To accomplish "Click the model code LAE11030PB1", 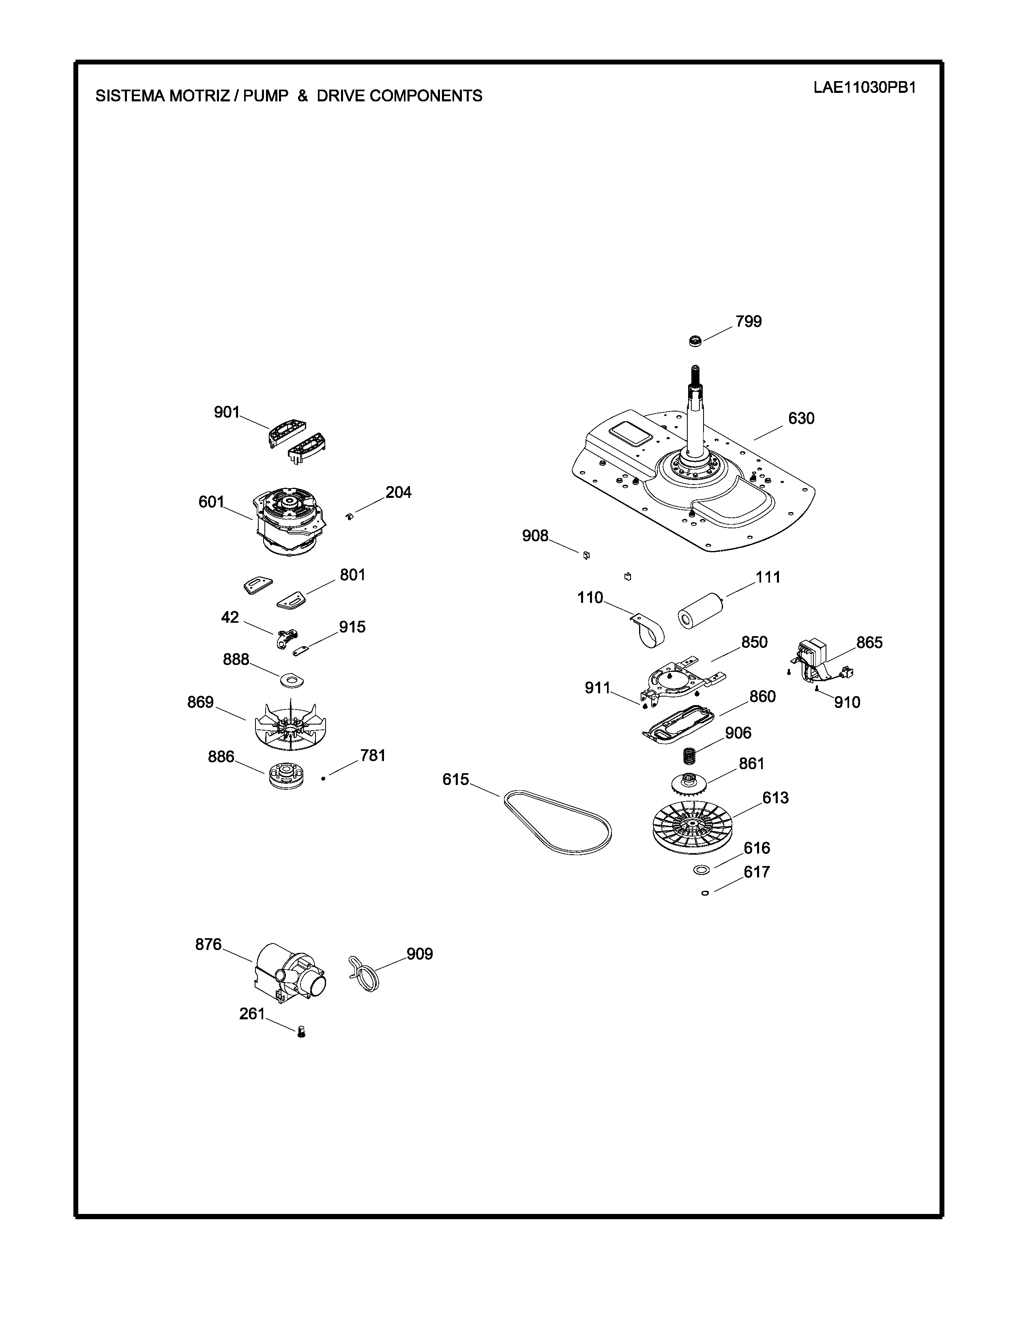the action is click(x=865, y=87).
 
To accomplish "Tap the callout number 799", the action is click(x=749, y=322).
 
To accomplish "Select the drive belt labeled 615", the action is click(x=558, y=823).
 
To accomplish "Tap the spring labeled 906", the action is click(x=691, y=756).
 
